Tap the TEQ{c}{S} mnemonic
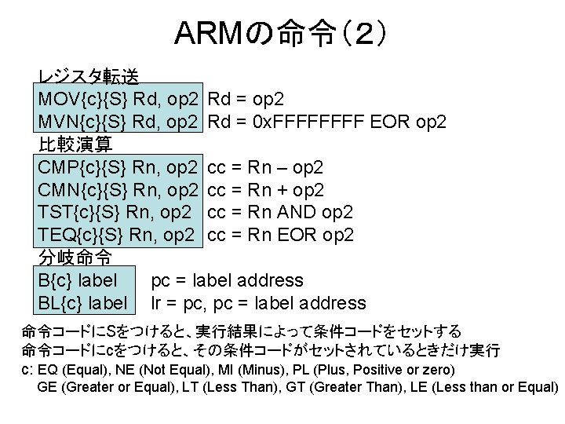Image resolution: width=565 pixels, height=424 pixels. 83,235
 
